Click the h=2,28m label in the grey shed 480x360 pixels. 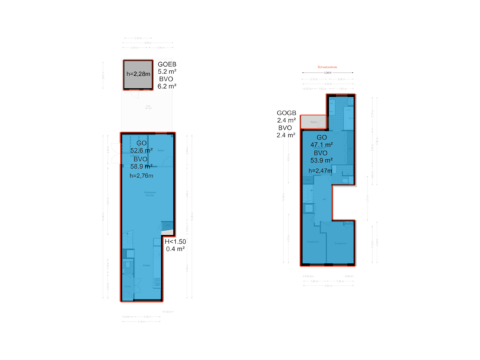coord(137,74)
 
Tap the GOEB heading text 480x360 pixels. coord(167,64)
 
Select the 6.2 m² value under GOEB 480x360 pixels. coord(167,86)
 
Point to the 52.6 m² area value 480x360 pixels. coord(141,151)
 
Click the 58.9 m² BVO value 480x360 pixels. coord(141,167)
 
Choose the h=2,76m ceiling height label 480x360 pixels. coord(141,176)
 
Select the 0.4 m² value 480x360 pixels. coord(174,250)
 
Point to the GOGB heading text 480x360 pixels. coord(286,113)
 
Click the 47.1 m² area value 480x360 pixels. coord(321,145)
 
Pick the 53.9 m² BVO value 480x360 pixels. coord(321,161)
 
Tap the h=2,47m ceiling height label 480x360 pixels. coord(321,171)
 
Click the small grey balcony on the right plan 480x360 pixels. coord(313,121)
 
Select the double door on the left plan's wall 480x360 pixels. coord(115,153)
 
